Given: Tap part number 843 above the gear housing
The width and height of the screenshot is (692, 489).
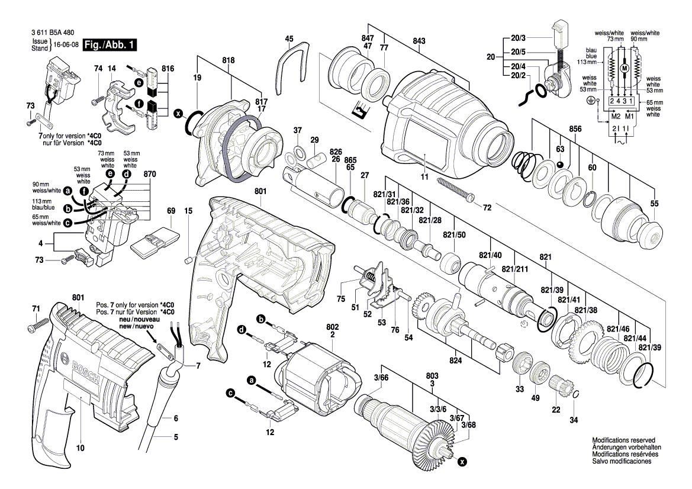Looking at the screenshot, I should [x=419, y=41].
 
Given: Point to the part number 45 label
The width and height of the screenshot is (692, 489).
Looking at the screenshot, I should [x=289, y=39].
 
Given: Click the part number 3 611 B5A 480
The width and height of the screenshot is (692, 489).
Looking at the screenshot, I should [x=56, y=33].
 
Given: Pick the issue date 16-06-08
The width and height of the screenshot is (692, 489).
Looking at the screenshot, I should [x=66, y=45].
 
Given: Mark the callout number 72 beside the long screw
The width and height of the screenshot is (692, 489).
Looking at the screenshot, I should [x=487, y=208].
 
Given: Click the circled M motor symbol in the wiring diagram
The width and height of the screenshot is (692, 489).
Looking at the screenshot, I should [x=623, y=69].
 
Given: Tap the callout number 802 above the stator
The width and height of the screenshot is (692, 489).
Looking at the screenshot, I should [x=332, y=326].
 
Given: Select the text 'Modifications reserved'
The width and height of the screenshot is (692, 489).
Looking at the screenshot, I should [x=623, y=440].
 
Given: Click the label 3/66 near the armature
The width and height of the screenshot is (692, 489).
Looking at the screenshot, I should [x=381, y=377].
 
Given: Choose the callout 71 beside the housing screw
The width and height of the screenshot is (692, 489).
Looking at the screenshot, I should [x=36, y=309].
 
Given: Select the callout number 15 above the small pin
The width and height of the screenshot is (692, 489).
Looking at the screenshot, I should [x=188, y=211].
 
